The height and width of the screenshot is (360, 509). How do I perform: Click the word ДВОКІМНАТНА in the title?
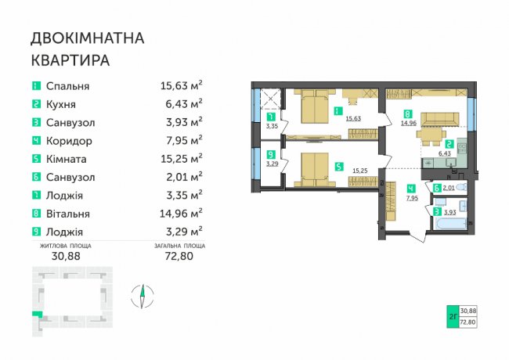pyautogui.click(x=88, y=38)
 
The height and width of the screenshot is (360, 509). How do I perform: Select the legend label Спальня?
pyautogui.click(x=67, y=86)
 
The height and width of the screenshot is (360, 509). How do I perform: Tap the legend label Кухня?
pyautogui.click(x=61, y=104)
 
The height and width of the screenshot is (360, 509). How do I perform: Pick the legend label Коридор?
pyautogui.click(x=69, y=141)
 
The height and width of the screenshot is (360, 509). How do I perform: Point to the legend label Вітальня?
pyautogui.click(x=67, y=214)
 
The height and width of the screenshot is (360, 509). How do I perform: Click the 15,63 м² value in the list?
pyautogui.click(x=182, y=85)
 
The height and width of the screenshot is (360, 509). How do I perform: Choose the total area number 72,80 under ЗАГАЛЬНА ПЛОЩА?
pyautogui.click(x=179, y=256)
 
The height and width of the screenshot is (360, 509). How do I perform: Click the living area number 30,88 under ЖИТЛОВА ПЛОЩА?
pyautogui.click(x=66, y=256)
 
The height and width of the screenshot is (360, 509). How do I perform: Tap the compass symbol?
pyautogui.click(x=143, y=296)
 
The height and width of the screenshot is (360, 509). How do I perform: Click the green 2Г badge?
pyautogui.click(x=453, y=316)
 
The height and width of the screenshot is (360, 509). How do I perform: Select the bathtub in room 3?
pyautogui.click(x=449, y=224)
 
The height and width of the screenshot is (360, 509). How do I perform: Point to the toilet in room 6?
pyautogui.click(x=461, y=187)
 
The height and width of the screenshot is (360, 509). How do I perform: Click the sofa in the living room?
pyautogui.click(x=440, y=119)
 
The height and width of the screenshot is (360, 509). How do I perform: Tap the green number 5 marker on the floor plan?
pyautogui.click(x=339, y=167)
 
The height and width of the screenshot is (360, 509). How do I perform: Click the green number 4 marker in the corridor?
pyautogui.click(x=411, y=189)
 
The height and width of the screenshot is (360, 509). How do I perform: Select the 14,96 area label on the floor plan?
pyautogui.click(x=409, y=123)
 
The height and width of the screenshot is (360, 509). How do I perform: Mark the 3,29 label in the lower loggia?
pyautogui.click(x=272, y=164)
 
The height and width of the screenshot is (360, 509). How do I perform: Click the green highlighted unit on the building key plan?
pyautogui.click(x=38, y=314)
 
